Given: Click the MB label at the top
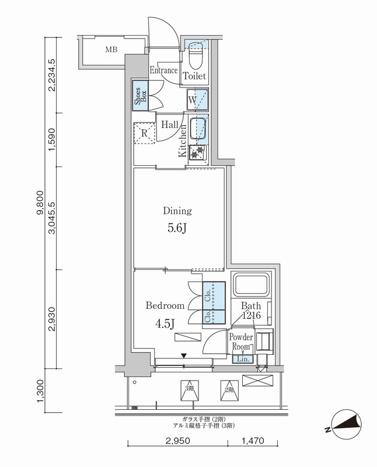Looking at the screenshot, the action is [111, 50].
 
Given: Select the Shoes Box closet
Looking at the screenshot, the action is [140, 96].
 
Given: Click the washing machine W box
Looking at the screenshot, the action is [197, 100].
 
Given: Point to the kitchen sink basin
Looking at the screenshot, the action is [198, 128].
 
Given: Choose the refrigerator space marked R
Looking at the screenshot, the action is [144, 133].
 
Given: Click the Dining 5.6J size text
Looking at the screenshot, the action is [177, 228].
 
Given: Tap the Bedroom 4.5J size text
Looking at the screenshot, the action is [165, 323].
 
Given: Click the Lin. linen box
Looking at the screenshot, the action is [243, 359].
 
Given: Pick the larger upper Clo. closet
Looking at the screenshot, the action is [214, 296].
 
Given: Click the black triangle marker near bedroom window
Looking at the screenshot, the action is [184, 356].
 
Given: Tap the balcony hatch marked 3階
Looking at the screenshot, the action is [190, 391].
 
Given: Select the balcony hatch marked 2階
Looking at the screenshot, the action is [229, 391].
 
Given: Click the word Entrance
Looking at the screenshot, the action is [163, 70].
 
